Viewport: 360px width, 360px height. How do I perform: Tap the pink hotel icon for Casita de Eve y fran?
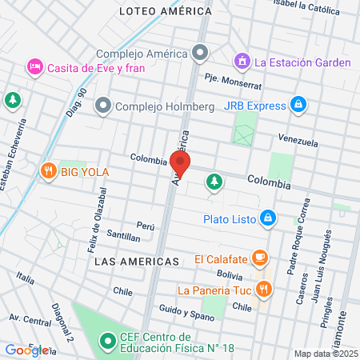(34, 66)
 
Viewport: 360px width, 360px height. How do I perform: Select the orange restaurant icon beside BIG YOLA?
(49, 170)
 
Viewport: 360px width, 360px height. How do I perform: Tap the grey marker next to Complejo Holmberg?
(102, 106)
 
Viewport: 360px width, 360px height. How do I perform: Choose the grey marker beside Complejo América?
(200, 54)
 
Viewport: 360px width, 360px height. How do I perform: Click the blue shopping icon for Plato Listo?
(269, 217)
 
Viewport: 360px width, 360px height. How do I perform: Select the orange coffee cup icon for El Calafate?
(259, 258)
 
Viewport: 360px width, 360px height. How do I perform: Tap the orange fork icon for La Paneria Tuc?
(267, 290)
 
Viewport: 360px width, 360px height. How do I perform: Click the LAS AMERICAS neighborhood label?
(136, 262)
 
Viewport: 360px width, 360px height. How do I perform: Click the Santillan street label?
(123, 237)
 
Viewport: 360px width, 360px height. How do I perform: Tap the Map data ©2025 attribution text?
(326, 354)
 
